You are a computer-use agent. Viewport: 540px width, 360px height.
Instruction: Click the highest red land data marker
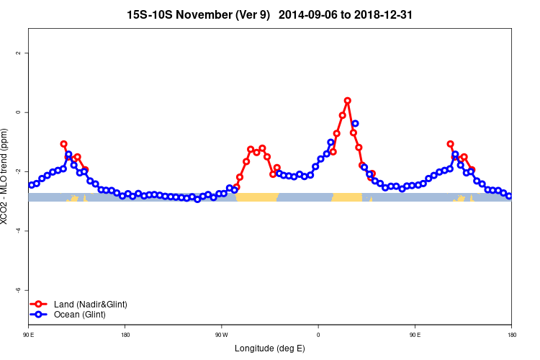click(348, 101)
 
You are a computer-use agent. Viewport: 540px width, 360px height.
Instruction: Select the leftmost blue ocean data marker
click(31, 185)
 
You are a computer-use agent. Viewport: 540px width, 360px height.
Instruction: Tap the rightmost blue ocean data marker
click(509, 196)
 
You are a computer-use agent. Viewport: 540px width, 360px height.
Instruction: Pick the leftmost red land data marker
click(63, 144)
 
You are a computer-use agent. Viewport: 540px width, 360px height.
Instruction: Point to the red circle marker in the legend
click(40, 305)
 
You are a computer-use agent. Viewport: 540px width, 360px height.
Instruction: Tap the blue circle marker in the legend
click(40, 315)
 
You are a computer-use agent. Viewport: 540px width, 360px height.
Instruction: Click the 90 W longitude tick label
click(221, 335)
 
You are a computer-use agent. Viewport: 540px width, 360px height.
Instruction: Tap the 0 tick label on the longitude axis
click(318, 335)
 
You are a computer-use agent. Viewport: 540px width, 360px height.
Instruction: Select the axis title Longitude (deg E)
click(270, 348)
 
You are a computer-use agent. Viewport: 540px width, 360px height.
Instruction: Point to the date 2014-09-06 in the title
click(309, 14)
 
